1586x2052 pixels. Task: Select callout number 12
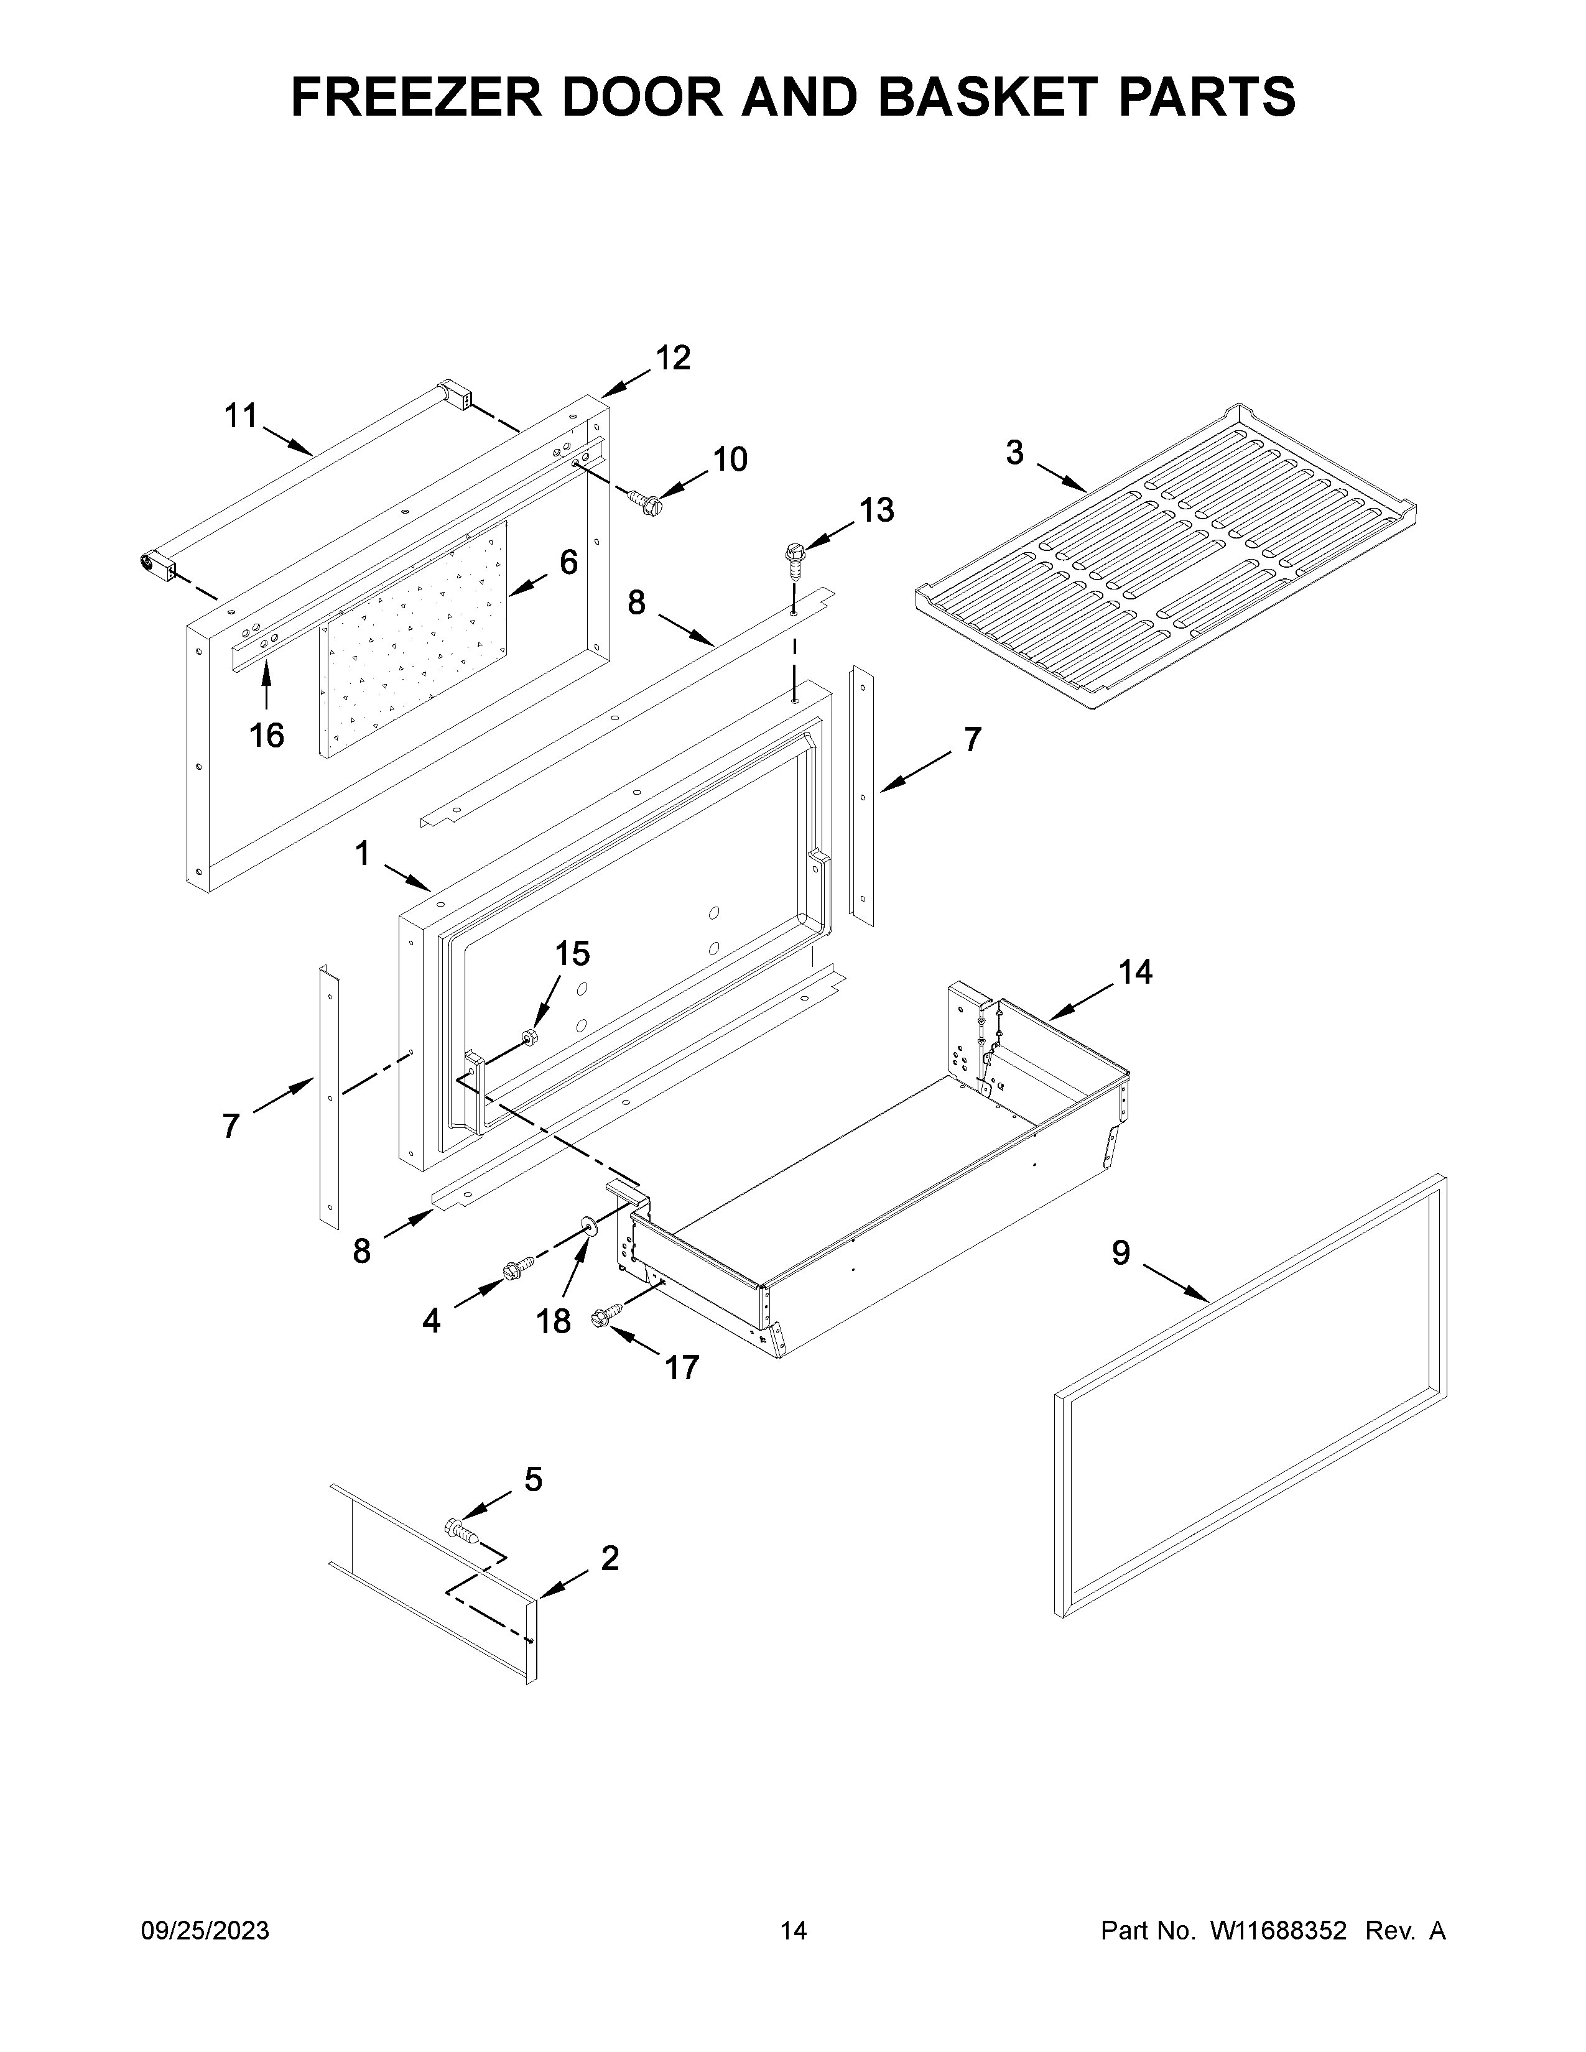pos(673,358)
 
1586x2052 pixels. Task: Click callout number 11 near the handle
pos(241,415)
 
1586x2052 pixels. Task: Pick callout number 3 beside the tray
pos(1015,453)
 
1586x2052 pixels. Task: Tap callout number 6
pos(568,562)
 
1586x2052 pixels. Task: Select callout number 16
pos(267,736)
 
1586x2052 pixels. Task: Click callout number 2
pos(610,1559)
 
